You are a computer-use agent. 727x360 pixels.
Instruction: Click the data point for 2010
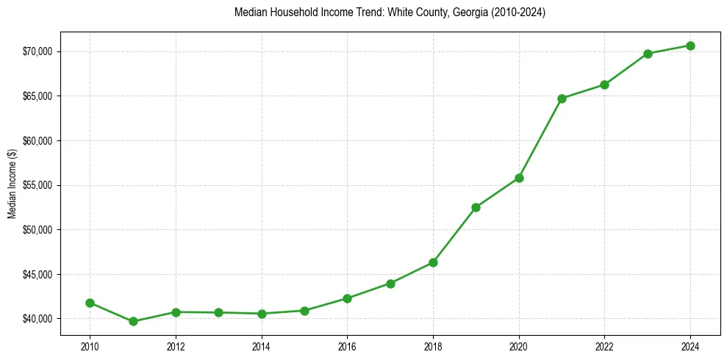(90, 303)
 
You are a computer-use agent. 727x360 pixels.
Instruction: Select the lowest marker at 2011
(133, 321)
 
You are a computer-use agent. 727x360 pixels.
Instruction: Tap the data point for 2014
(262, 314)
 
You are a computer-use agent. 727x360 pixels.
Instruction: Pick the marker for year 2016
(347, 298)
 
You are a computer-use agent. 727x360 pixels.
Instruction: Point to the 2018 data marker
(433, 262)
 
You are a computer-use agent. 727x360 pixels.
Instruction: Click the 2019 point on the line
(476, 207)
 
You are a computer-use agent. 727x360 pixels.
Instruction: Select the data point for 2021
(562, 98)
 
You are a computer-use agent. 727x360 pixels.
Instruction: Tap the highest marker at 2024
(690, 46)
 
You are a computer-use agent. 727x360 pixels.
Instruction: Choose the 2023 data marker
(648, 54)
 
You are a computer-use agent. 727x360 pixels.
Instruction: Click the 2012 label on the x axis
(176, 346)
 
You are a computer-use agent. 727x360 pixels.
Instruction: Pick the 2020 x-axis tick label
(519, 346)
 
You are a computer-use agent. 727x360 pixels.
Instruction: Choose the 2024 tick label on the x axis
(690, 346)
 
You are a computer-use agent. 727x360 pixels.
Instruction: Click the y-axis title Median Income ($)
(12, 185)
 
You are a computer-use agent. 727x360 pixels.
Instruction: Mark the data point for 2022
(604, 84)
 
